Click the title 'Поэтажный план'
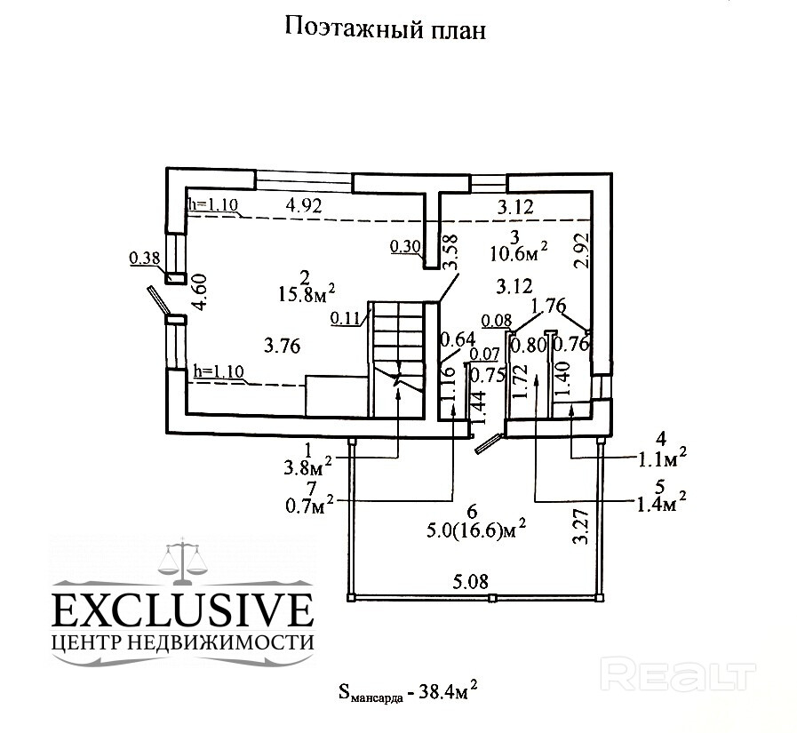(386, 28)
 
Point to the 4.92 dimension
(304, 205)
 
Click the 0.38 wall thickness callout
(145, 259)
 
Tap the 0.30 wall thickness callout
(405, 247)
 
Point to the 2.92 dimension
(582, 251)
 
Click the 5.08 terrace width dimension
(470, 584)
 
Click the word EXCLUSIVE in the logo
(183, 611)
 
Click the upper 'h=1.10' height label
(213, 204)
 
